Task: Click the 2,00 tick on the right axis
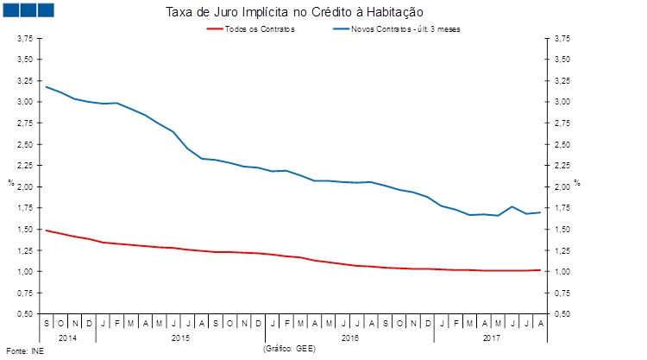point(562,186)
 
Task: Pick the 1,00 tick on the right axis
point(562,272)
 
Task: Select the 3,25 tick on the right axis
point(562,81)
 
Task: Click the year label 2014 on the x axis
point(67,337)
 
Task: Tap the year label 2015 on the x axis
point(180,337)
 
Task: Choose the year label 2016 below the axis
point(349,337)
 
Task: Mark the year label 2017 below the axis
point(492,337)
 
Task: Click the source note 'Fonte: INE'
point(24,351)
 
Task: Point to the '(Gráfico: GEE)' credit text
point(289,347)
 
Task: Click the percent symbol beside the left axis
point(10,182)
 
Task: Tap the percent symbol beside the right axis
point(577,182)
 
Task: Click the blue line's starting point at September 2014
point(46,86)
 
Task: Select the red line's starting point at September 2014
point(46,231)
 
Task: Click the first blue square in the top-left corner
point(13,9)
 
